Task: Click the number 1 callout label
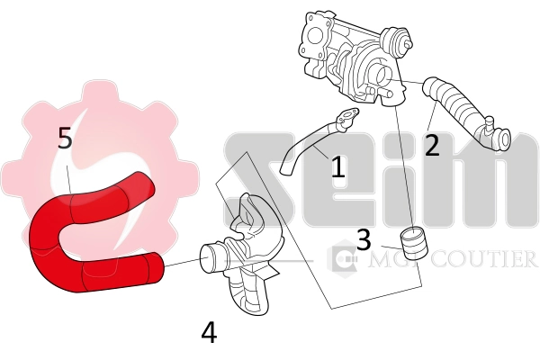pos(337,166)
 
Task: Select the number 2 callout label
pos(432,144)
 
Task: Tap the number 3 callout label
pos(364,239)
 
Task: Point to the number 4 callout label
pos(209,333)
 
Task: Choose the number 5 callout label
pos(65,138)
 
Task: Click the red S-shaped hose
pos(81,243)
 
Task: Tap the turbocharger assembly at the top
pos(355,54)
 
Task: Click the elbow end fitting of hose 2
pos(496,138)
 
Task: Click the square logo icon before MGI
pos(343,261)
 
